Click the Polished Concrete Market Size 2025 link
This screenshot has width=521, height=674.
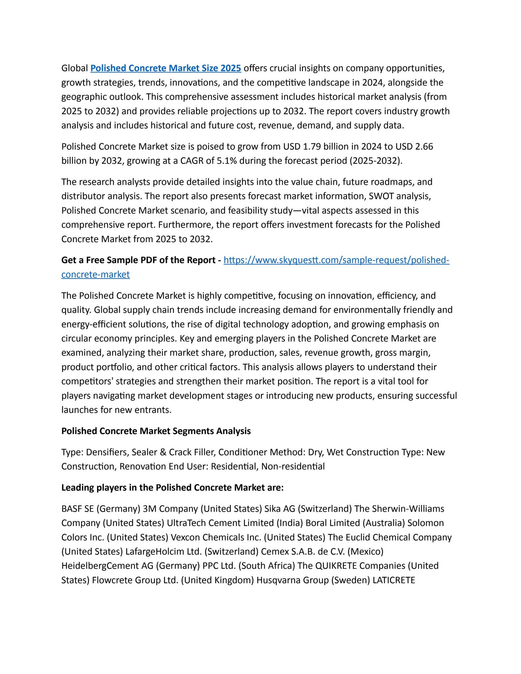click(166, 68)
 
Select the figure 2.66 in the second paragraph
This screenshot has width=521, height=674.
click(424, 146)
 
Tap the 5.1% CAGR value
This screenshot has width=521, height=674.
click(226, 161)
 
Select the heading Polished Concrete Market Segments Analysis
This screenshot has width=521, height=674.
click(156, 431)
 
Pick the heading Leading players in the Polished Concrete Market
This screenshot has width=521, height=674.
click(172, 488)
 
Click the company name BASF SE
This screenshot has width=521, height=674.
click(78, 509)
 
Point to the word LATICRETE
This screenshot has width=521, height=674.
click(394, 580)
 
